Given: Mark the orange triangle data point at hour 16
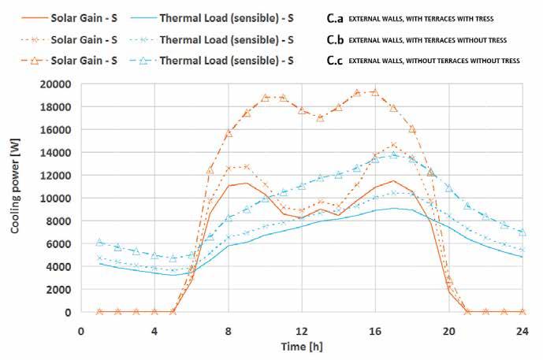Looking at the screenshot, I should [375, 92].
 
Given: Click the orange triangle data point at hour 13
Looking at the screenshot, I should [320, 117].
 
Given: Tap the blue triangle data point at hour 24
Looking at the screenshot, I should [521, 232].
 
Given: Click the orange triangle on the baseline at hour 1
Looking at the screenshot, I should [99, 312].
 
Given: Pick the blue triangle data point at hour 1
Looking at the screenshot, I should [99, 242].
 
